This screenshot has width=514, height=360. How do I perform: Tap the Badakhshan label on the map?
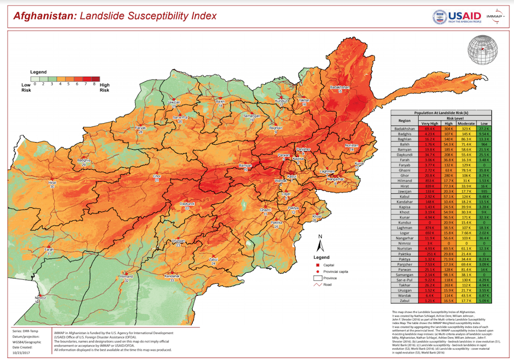tap(339, 88)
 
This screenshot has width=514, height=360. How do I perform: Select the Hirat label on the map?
tap(52, 184)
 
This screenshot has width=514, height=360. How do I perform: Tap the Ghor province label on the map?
tap(157, 177)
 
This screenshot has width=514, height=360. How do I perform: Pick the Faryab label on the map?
tap(141, 128)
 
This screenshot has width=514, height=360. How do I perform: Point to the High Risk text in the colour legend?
tap(104, 88)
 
